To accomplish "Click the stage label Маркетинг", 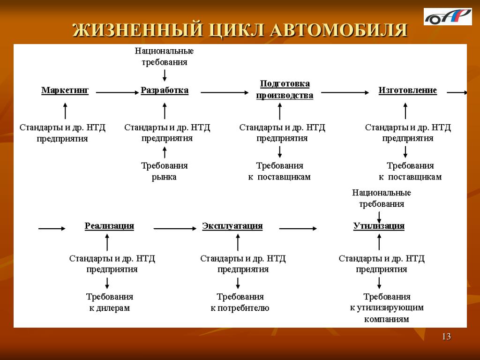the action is [65, 90].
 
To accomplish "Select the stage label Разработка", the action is [165, 90].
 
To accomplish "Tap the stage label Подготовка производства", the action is [285, 90].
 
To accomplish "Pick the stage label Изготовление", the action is [407, 90].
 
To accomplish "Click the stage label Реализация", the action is [109, 226].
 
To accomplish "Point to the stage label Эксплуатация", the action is [232, 226].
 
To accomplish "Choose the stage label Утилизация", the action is [379, 226].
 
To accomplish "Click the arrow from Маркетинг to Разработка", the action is [117, 92].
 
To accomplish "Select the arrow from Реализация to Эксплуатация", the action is [175, 228].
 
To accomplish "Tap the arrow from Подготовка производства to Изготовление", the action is [345, 92].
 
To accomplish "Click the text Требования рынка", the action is [165, 171].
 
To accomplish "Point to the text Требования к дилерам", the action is [110, 302].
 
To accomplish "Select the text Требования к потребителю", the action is [240, 302].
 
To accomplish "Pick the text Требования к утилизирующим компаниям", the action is [387, 307].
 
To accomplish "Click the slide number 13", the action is [446, 337].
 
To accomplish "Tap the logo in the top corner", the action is [448, 16].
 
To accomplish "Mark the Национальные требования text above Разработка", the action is [165, 56].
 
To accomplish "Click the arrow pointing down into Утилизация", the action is [379, 217].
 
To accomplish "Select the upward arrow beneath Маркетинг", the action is [65, 111].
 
